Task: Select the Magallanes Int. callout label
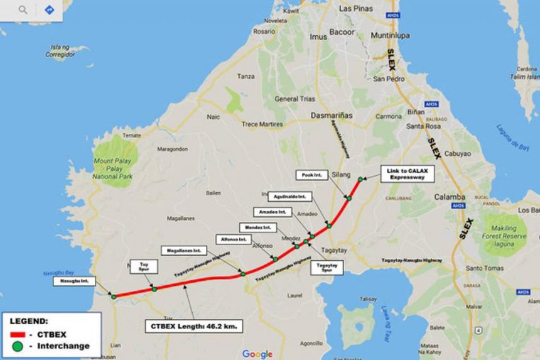[179, 250]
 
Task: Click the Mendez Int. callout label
[257, 226]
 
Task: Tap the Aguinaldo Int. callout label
[289, 196]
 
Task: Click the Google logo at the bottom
[257, 354]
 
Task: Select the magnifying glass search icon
[23, 10]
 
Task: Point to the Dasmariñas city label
[332, 116]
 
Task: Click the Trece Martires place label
[262, 124]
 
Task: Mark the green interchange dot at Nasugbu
[114, 297]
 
